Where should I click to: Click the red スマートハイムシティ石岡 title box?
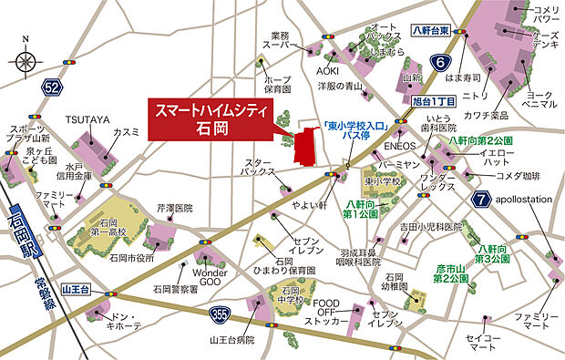click(211, 117)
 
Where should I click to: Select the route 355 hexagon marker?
click(238, 315)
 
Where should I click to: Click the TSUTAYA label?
click(87, 119)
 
